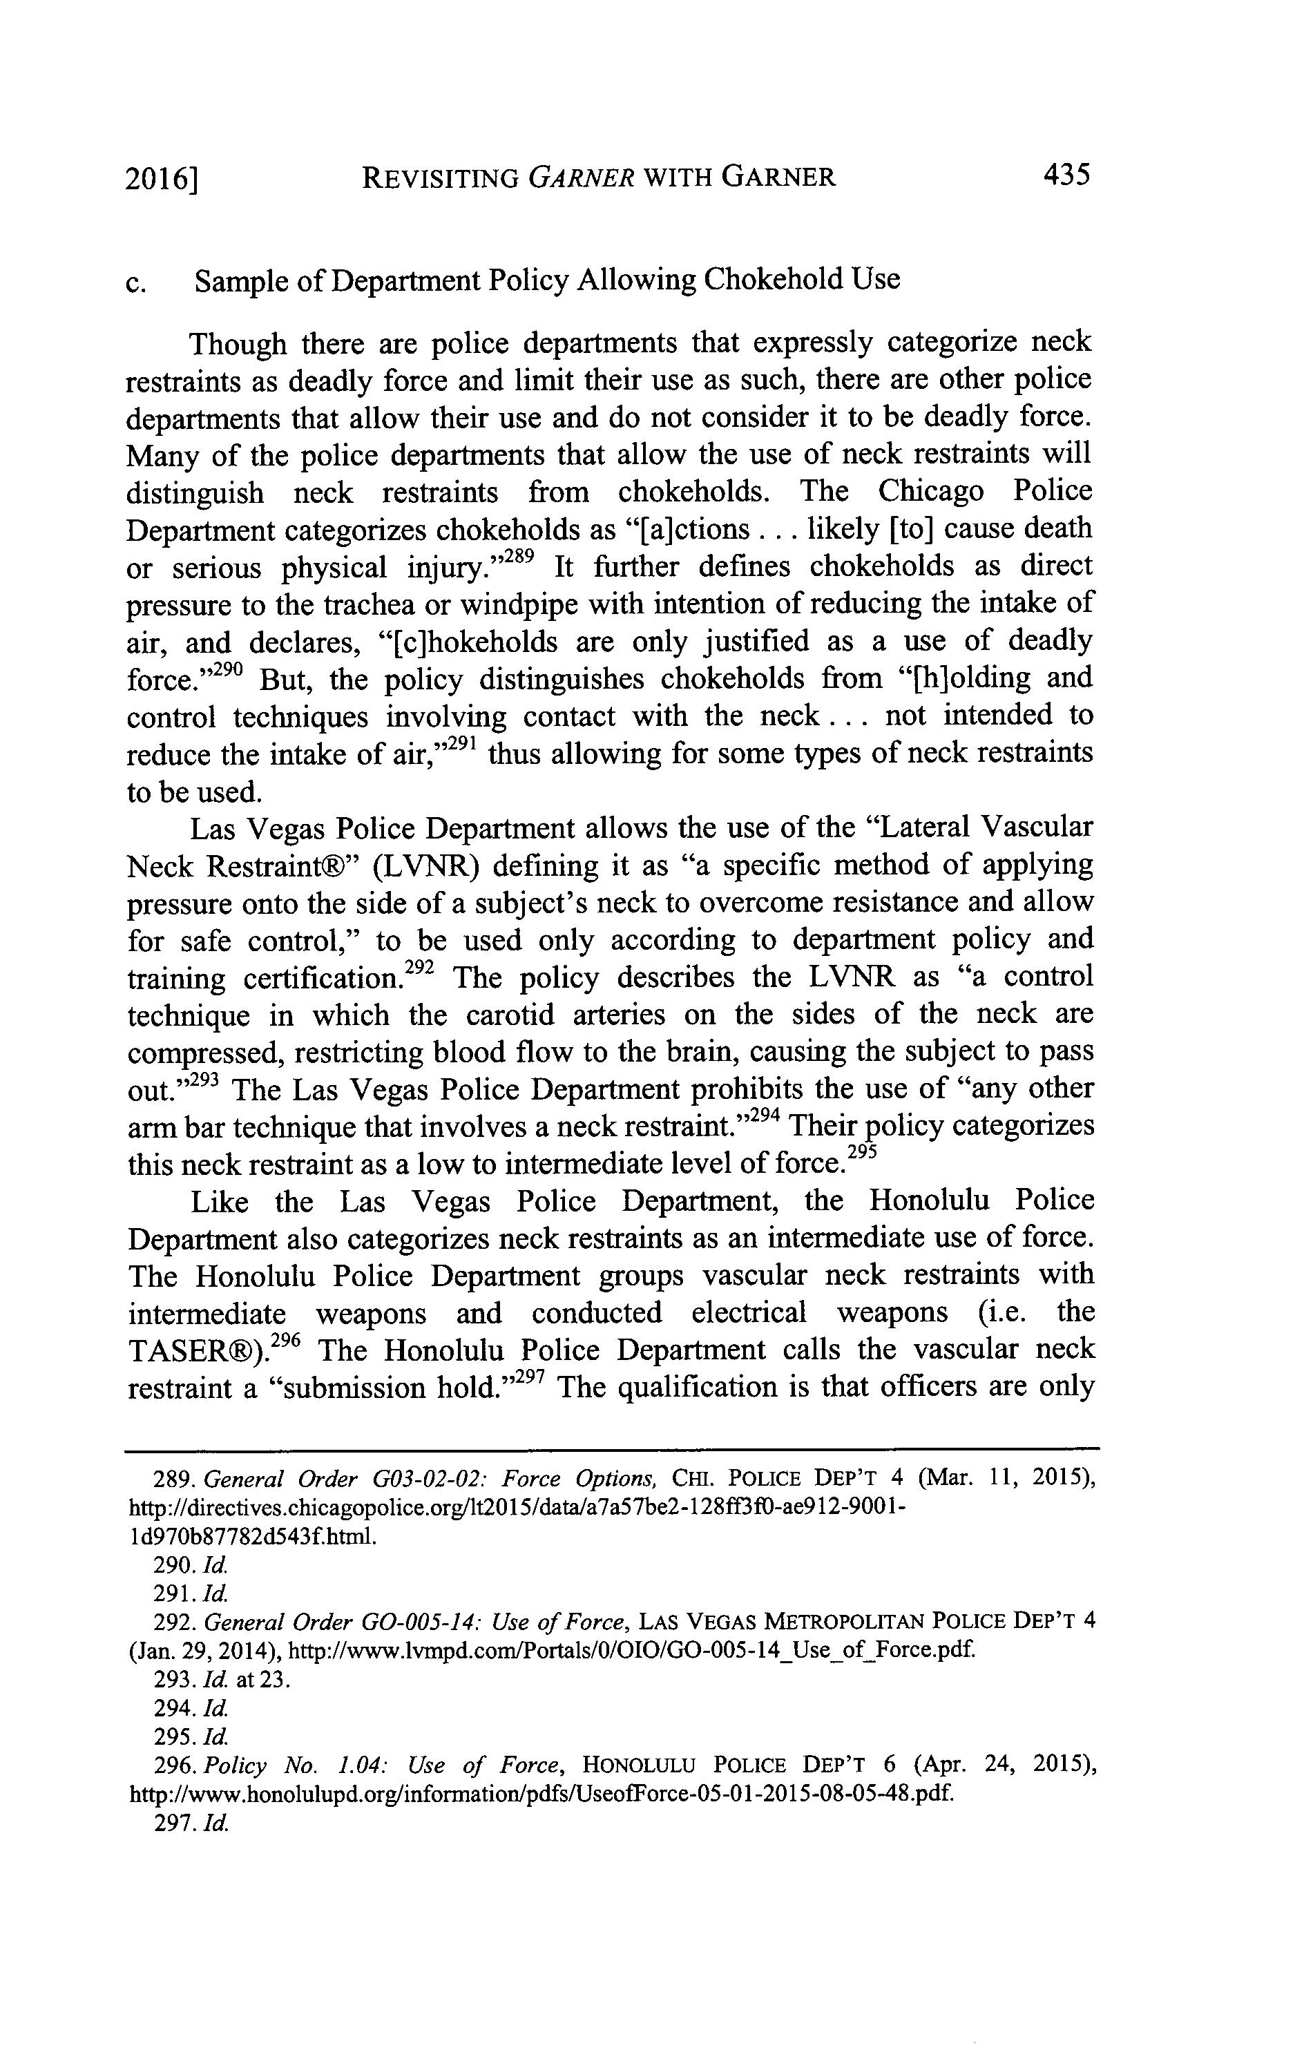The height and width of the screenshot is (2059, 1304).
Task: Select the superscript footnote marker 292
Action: pyautogui.click(x=419, y=967)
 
